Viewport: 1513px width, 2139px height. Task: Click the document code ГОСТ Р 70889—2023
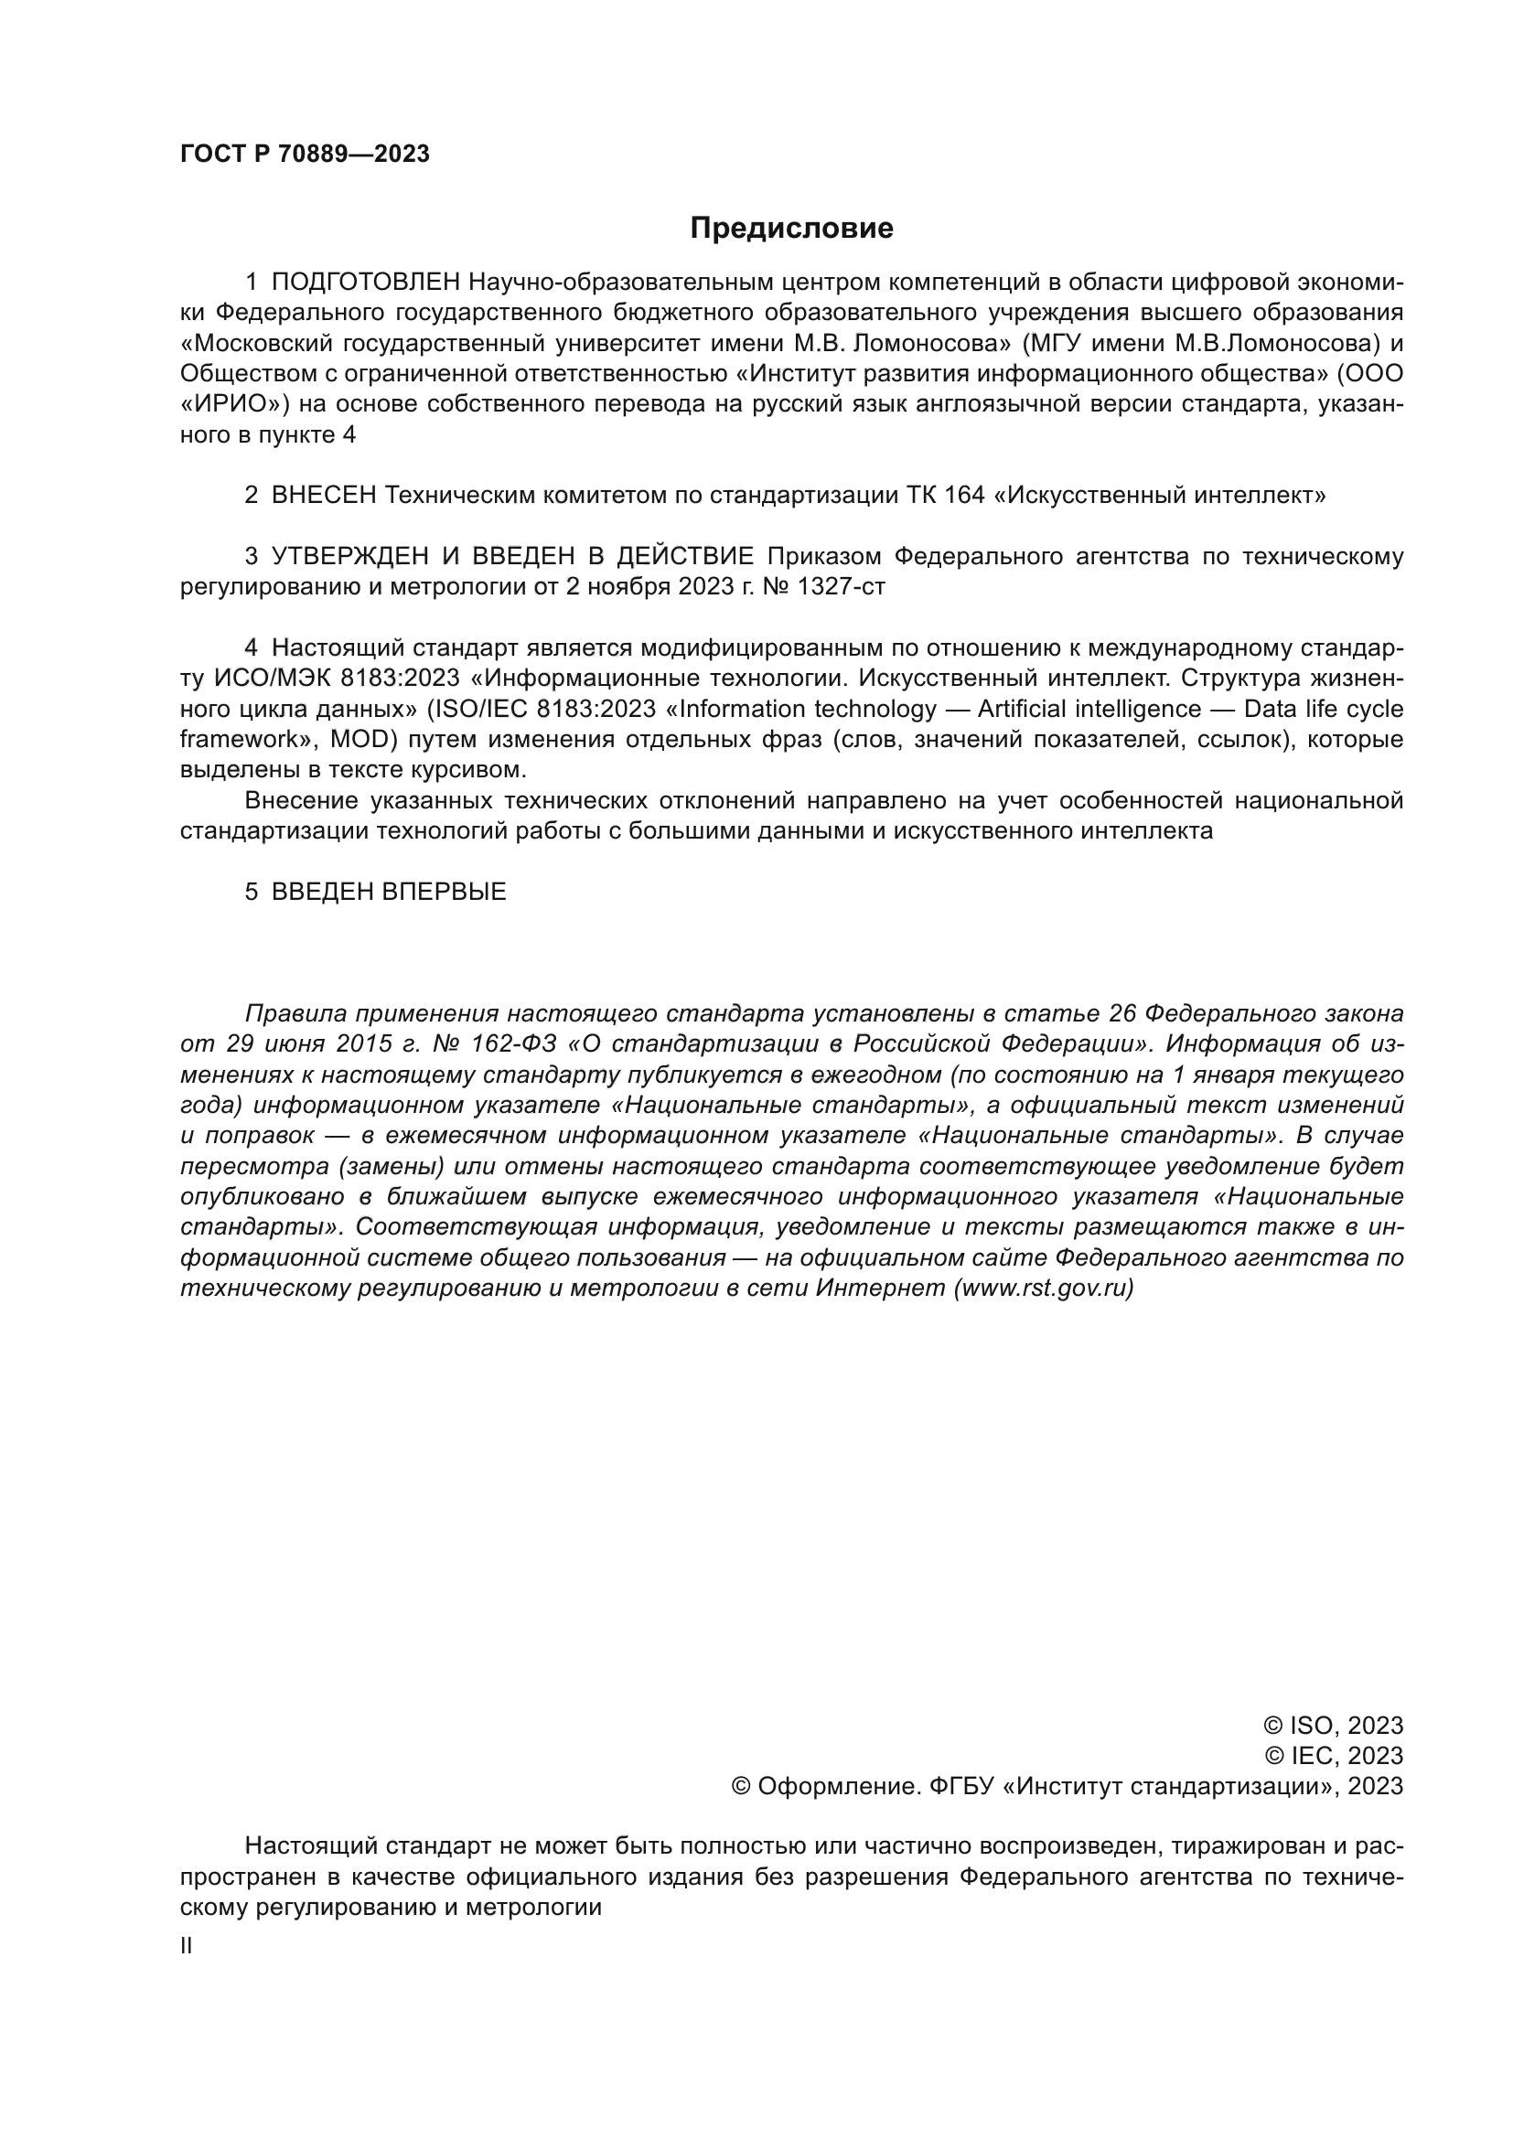pos(305,155)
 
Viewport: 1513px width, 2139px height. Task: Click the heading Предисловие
pos(791,229)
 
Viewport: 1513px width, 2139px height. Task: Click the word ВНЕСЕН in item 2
pos(323,496)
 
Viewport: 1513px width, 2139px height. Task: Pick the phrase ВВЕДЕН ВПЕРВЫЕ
pos(389,892)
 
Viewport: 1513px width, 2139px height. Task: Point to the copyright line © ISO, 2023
pos(1333,1727)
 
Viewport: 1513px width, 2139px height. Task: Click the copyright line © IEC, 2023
pos(1334,1756)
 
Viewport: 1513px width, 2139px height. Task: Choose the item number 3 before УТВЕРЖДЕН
pos(252,557)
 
